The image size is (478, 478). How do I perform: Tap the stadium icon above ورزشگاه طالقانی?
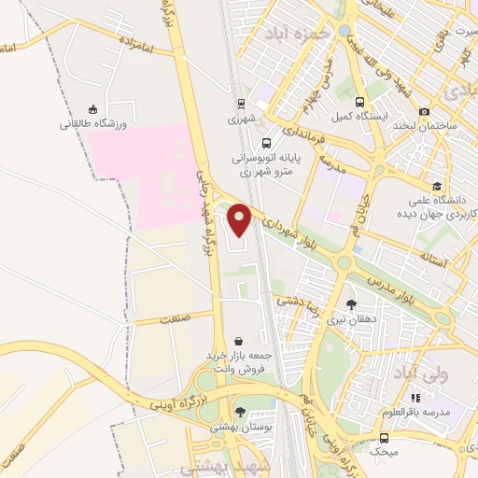pyautogui.click(x=92, y=109)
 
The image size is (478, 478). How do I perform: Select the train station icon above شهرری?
pyautogui.click(x=241, y=105)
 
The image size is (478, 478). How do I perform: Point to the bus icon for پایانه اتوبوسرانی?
pyautogui.click(x=268, y=144)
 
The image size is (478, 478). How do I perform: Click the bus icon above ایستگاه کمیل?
pyautogui.click(x=362, y=105)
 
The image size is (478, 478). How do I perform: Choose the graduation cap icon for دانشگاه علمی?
pyautogui.click(x=438, y=186)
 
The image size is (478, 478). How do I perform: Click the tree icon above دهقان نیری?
pyautogui.click(x=351, y=303)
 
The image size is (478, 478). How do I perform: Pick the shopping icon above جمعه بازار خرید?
pyautogui.click(x=241, y=342)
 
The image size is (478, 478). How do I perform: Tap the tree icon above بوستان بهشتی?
pyautogui.click(x=240, y=412)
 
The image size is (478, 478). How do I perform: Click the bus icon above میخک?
pyautogui.click(x=384, y=437)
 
